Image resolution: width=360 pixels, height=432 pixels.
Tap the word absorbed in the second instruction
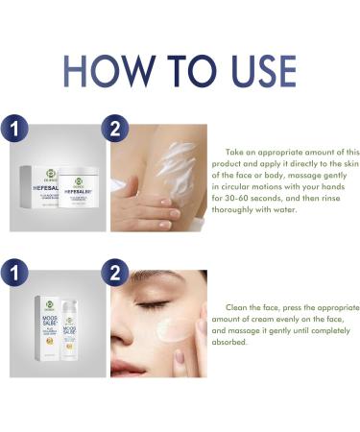click(x=234, y=340)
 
